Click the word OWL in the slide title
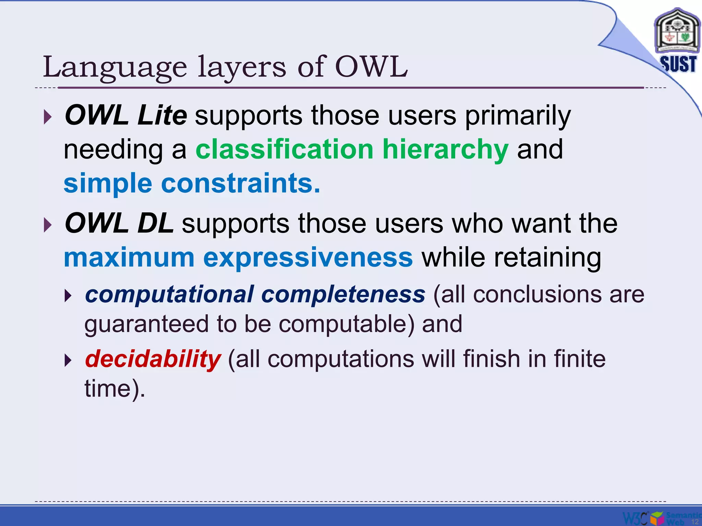click(x=371, y=67)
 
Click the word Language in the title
click(x=115, y=68)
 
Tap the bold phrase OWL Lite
click(x=126, y=115)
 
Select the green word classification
click(x=284, y=149)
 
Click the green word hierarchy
click(x=445, y=150)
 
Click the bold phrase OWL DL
click(x=119, y=223)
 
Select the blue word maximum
click(x=129, y=258)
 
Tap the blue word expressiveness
click(x=308, y=258)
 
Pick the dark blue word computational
click(x=170, y=295)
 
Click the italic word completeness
click(x=343, y=295)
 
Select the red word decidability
click(x=153, y=359)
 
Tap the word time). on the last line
click(x=115, y=389)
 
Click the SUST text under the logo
click(x=678, y=64)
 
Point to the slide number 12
click(x=694, y=522)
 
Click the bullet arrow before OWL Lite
click(x=48, y=117)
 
